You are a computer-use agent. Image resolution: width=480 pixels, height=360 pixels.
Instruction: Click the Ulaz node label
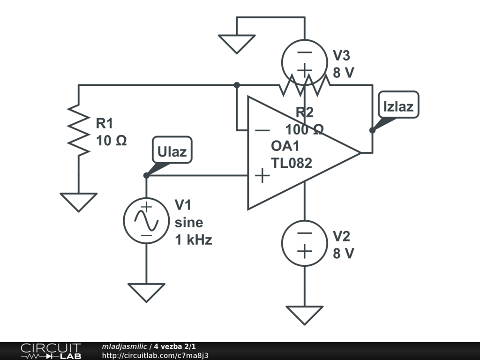click(x=172, y=151)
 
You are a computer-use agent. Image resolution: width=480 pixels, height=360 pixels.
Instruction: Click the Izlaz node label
click(x=398, y=106)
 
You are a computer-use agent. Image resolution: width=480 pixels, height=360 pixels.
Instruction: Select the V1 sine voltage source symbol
click(x=146, y=220)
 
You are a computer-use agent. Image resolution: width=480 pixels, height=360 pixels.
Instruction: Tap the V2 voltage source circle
click(x=304, y=243)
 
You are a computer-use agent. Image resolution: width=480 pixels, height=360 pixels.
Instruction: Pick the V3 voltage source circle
click(x=304, y=61)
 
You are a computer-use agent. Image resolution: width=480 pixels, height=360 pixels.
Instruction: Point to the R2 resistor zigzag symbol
click(x=304, y=85)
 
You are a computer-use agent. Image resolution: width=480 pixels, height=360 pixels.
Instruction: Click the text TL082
click(x=291, y=163)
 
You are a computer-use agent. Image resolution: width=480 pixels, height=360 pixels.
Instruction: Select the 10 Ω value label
click(x=112, y=140)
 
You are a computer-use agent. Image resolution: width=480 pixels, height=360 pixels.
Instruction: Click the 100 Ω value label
click(x=305, y=129)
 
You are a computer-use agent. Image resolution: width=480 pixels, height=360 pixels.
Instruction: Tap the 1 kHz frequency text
click(x=194, y=240)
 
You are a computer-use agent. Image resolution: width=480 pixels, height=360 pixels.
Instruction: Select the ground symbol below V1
click(x=146, y=292)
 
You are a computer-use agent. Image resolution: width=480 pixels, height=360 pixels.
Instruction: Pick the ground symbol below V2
click(x=304, y=315)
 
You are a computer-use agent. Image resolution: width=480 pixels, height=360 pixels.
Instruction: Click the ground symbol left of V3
click(x=237, y=44)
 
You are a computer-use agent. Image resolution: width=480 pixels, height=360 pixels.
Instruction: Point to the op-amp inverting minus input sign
click(x=262, y=131)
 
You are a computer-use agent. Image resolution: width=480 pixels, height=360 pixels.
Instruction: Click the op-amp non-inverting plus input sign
click(x=262, y=176)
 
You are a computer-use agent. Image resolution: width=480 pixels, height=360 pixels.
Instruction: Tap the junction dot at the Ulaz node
click(x=146, y=175)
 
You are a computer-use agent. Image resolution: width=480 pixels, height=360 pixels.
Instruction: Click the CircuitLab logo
click(x=50, y=351)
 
